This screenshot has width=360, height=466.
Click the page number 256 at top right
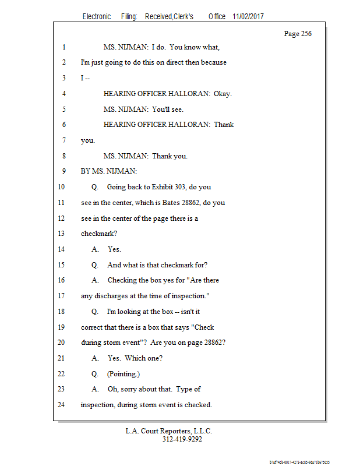[x=306, y=34]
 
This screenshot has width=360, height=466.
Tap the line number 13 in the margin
[x=62, y=233]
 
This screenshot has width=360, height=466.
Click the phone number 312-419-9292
[x=182, y=440]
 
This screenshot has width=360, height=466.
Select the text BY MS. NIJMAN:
[x=109, y=171]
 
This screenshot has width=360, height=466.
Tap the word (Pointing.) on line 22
[x=123, y=374]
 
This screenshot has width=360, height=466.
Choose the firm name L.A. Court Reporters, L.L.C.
[x=169, y=431]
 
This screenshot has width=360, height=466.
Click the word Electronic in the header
[x=97, y=17]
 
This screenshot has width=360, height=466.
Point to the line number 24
[x=62, y=404]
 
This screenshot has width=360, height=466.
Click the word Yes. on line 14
[x=114, y=249]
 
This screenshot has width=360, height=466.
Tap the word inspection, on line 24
[x=98, y=404]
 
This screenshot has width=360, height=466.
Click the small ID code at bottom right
[x=299, y=461]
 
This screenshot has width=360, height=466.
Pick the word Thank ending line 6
[x=224, y=125]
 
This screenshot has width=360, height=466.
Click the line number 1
[x=63, y=47]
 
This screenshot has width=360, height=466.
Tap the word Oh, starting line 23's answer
[x=114, y=389]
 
